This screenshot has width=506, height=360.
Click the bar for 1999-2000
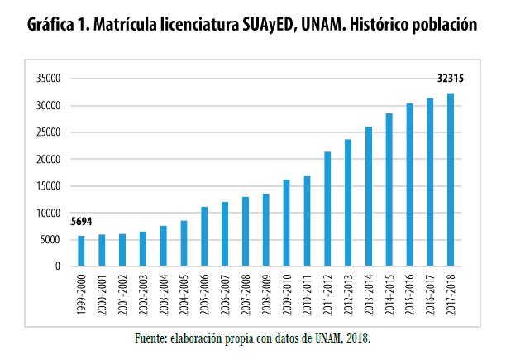pyautogui.click(x=80, y=251)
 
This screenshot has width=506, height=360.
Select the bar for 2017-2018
pyautogui.click(x=450, y=180)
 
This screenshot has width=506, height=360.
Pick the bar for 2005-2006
pyautogui.click(x=203, y=236)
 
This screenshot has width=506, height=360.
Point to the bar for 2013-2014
pyautogui.click(x=368, y=196)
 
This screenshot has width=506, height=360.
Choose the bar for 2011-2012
pyautogui.click(x=327, y=209)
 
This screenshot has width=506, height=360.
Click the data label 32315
pyautogui.click(x=449, y=79)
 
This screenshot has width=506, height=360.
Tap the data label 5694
pyautogui.click(x=81, y=222)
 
